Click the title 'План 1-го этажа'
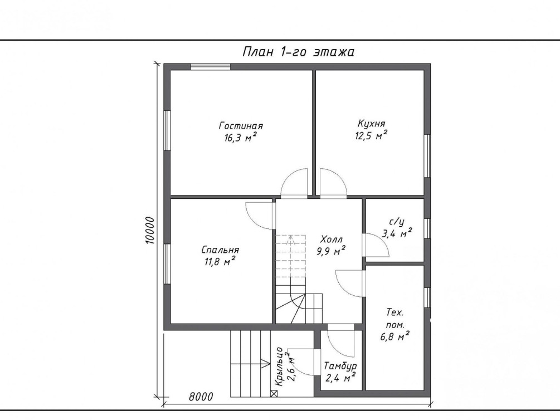298,52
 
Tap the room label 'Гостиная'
241,126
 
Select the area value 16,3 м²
240,138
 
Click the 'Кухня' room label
372,124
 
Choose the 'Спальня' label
220,250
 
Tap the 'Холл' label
331,239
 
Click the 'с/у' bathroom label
396,222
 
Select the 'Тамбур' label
340,366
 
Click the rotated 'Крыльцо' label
280,367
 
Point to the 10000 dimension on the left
150,231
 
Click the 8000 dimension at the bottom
201,397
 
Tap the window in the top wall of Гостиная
210,67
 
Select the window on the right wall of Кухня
427,156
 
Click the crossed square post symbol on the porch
274,394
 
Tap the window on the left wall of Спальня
167,264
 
